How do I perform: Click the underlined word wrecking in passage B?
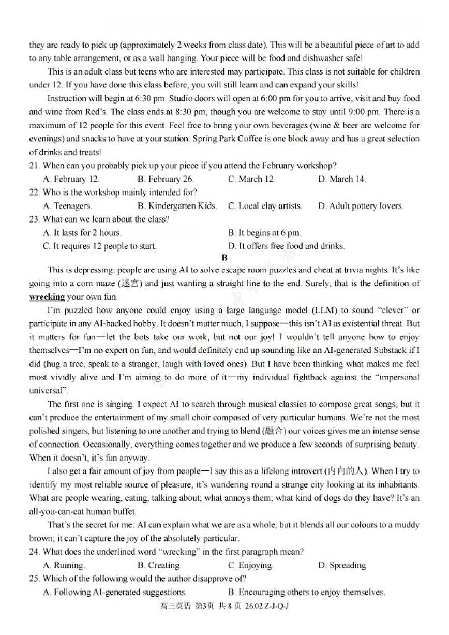[x=47, y=297]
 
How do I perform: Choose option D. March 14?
[x=342, y=179]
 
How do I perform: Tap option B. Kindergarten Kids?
[x=177, y=206]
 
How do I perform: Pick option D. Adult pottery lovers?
[x=361, y=206]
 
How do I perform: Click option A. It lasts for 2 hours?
[x=82, y=233]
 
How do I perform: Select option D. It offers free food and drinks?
[x=286, y=246]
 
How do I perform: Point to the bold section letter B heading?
[x=224, y=258]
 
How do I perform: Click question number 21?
[x=35, y=166]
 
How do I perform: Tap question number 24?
[x=35, y=552]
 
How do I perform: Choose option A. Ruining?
[x=64, y=565]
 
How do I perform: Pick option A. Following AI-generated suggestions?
[x=114, y=592]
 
